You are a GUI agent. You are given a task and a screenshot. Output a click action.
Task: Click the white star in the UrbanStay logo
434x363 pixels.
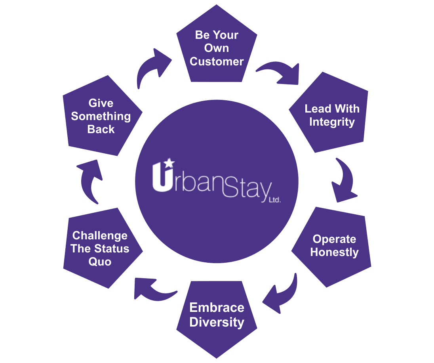point(169,162)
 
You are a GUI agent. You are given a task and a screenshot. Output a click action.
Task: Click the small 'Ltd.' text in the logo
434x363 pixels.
point(274,200)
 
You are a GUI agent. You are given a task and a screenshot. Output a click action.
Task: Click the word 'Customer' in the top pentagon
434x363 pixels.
point(217,62)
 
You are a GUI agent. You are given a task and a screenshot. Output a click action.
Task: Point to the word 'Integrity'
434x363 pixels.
point(332,122)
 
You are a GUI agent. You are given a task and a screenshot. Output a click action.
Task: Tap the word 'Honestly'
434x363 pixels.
point(334,252)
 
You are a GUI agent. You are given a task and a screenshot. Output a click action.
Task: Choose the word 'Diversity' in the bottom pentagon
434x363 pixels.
point(217,322)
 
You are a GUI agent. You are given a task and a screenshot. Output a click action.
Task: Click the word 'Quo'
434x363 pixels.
point(100,262)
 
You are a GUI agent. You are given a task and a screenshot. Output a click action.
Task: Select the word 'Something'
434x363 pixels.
point(101,117)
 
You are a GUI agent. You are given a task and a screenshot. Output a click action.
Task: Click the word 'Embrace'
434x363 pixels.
point(217,308)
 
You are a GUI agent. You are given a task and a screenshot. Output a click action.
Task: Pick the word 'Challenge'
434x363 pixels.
point(100,236)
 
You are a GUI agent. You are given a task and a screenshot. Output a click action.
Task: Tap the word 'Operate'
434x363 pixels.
point(334,239)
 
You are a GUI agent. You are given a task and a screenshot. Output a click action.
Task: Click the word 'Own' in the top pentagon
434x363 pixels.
point(217,48)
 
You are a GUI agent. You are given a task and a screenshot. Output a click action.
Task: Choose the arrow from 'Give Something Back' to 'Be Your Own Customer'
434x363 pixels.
point(151,67)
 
